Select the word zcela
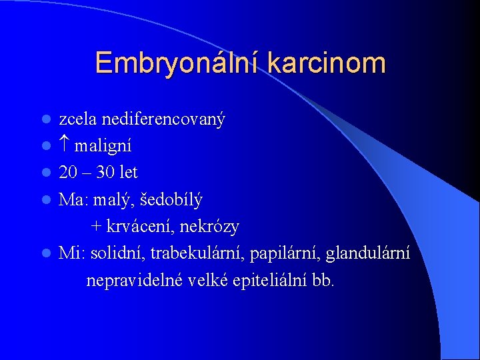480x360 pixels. tap(76, 119)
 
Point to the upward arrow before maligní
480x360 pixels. tap(65, 145)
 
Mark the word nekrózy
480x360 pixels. tap(212, 227)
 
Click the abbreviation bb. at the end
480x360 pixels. tap(323, 281)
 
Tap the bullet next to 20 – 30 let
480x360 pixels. tap(46, 173)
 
